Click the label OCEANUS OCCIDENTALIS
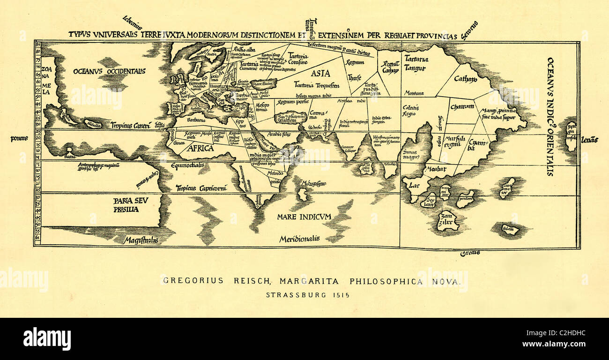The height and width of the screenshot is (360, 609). coord(109,71)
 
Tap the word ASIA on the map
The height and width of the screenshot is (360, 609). coord(320,73)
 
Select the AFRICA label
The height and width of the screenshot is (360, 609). coord(201,148)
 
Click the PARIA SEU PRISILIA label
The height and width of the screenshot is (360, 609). coord(126,205)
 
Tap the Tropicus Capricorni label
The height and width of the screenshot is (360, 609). coord(201,188)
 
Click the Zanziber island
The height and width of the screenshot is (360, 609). coord(447,221)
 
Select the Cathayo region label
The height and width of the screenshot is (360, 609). coord(466,79)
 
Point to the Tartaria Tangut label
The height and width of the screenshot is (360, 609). coord(416,64)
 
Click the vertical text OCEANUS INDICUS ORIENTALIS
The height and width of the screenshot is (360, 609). coord(550,116)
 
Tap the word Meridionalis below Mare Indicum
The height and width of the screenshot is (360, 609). coord(299,239)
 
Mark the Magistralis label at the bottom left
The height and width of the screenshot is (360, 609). coord(141,240)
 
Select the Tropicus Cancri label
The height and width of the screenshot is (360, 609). coord(130,125)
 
